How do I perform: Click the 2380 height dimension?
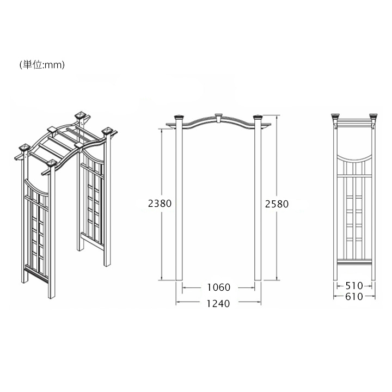click(160, 203)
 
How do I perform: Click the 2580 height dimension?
click(277, 204)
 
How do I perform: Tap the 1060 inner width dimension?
click(218, 287)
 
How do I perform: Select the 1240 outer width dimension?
click(218, 303)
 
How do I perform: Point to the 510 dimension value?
click(354, 285)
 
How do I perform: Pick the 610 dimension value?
click(354, 297)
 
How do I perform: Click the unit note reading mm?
click(42, 65)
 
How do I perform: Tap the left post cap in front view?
click(179, 117)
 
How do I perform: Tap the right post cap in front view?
click(258, 117)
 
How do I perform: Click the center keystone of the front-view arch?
click(218, 118)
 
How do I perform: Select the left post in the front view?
click(179, 200)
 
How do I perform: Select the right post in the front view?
click(258, 200)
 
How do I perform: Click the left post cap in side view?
click(335, 117)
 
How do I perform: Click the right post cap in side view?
click(373, 117)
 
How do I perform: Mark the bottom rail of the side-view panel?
click(354, 262)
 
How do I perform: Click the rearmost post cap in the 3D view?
click(82, 115)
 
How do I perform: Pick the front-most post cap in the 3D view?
click(52, 164)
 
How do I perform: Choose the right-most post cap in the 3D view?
click(108, 131)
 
